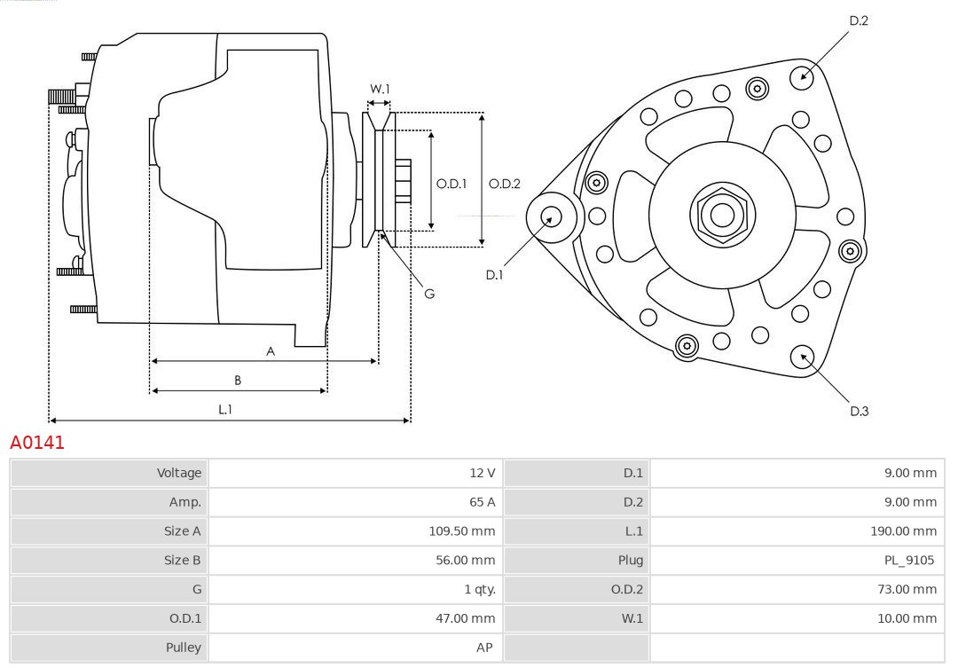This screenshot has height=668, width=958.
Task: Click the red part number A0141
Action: click(x=37, y=442)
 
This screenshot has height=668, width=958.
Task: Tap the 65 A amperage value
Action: click(x=482, y=502)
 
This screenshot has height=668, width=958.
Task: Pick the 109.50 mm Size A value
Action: click(x=461, y=531)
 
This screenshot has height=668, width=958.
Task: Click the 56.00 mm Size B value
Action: click(x=465, y=561)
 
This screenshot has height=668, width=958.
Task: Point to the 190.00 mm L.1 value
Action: click(x=903, y=531)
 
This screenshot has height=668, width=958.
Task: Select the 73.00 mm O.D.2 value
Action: click(x=907, y=589)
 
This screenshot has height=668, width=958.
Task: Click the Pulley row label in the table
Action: click(x=184, y=648)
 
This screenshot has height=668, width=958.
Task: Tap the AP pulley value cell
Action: click(x=484, y=648)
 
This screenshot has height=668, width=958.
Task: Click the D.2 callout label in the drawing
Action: click(x=858, y=20)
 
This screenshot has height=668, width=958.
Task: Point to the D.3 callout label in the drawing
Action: click(x=859, y=411)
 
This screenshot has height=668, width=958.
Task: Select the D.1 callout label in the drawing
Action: click(x=494, y=275)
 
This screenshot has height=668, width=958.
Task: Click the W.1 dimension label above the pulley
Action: click(x=380, y=89)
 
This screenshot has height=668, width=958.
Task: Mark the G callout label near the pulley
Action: click(x=429, y=293)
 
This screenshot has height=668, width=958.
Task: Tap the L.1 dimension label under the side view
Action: click(x=225, y=409)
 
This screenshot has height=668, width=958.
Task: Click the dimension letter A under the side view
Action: click(x=271, y=351)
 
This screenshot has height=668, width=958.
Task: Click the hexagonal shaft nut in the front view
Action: click(x=722, y=215)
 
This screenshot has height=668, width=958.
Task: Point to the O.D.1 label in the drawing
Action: click(x=452, y=184)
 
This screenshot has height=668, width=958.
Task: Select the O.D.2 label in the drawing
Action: click(x=505, y=184)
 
